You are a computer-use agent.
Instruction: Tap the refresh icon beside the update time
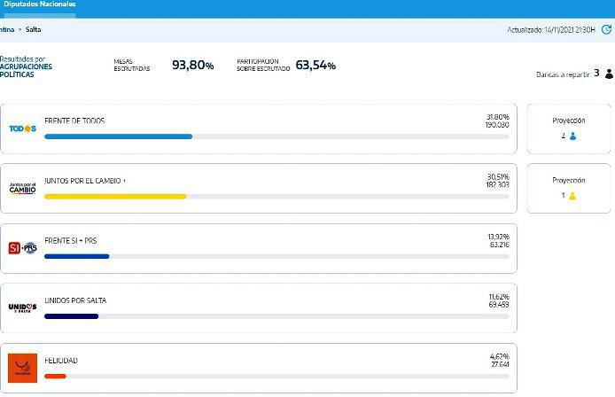tap(606, 29)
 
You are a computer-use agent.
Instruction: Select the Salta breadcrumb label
tap(33, 29)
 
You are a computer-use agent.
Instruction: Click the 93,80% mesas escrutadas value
tap(192, 66)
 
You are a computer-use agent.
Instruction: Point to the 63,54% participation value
tap(315, 66)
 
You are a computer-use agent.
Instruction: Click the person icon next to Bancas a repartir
tap(609, 74)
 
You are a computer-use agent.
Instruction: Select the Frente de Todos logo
tap(22, 128)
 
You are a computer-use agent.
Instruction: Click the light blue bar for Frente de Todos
tap(118, 136)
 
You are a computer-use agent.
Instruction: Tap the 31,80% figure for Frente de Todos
tap(497, 116)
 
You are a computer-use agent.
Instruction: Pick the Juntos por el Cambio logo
tap(22, 188)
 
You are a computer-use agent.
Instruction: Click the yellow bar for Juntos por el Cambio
tap(115, 196)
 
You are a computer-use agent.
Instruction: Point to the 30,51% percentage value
tap(497, 175)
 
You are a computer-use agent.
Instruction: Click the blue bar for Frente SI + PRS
tap(76, 256)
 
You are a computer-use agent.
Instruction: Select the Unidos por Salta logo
tap(22, 307)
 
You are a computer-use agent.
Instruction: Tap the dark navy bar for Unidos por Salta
tap(71, 315)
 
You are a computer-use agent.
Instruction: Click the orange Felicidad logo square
tap(22, 368)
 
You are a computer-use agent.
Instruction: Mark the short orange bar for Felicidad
tap(55, 376)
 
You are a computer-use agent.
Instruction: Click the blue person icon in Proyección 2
tap(573, 136)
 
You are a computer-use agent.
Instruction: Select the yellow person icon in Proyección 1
tap(572, 196)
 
